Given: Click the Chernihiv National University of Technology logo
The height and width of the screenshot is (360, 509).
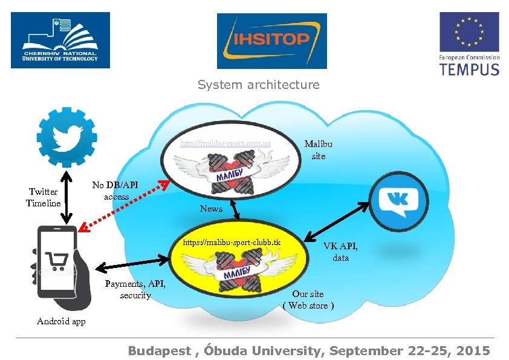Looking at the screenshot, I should point(60,40).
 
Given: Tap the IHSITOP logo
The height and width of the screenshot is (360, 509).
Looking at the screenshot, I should point(271,41).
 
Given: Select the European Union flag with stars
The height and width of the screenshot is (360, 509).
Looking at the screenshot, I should point(468,32).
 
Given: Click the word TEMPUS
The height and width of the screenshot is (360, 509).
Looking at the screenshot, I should point(469,68).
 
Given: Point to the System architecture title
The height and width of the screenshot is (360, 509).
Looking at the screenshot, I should point(258,85).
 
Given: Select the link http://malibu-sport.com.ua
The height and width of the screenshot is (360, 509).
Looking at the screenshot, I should point(225,144).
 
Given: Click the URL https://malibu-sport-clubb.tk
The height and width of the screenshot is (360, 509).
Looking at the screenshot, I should point(232,243).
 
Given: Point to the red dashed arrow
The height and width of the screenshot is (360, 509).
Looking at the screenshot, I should point(123,206).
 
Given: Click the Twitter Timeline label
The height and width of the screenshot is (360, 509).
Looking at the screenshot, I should point(43,197).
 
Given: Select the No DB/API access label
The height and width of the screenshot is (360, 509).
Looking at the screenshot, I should point(115,191).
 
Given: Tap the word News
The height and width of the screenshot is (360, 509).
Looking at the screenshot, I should point(211,209).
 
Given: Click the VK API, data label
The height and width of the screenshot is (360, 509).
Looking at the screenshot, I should point(340,252).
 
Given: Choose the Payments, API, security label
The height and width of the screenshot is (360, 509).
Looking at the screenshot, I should point(135,289).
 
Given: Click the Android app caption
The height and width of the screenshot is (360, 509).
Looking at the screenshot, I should point(61,321).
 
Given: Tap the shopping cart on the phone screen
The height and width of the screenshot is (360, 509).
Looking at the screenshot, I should point(57,260).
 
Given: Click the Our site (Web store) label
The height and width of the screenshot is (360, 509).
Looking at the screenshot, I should point(308,299).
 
